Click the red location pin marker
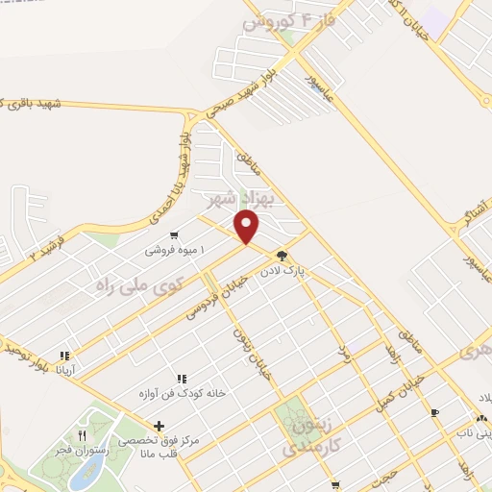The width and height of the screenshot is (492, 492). (248, 227)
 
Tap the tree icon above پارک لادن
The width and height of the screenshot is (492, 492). (282, 256)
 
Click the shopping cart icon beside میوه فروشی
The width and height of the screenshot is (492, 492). (173, 234)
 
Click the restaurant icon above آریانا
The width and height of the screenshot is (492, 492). (65, 355)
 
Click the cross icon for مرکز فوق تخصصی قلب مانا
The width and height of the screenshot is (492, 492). (159, 425)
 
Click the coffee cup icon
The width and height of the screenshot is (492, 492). (435, 412)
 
